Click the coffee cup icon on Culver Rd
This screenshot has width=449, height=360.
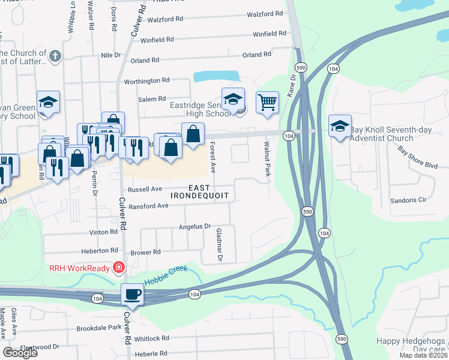(132, 294)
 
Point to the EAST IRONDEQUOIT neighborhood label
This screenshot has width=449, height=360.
(199, 191)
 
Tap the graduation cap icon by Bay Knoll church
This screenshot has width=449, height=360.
(340, 126)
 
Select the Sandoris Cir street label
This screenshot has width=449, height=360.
(408, 200)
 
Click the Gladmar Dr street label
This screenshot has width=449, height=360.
(219, 245)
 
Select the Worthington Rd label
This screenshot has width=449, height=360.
(146, 81)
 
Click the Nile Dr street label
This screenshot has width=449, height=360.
(111, 55)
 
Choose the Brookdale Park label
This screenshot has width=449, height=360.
(99, 329)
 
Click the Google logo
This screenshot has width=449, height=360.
(20, 353)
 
